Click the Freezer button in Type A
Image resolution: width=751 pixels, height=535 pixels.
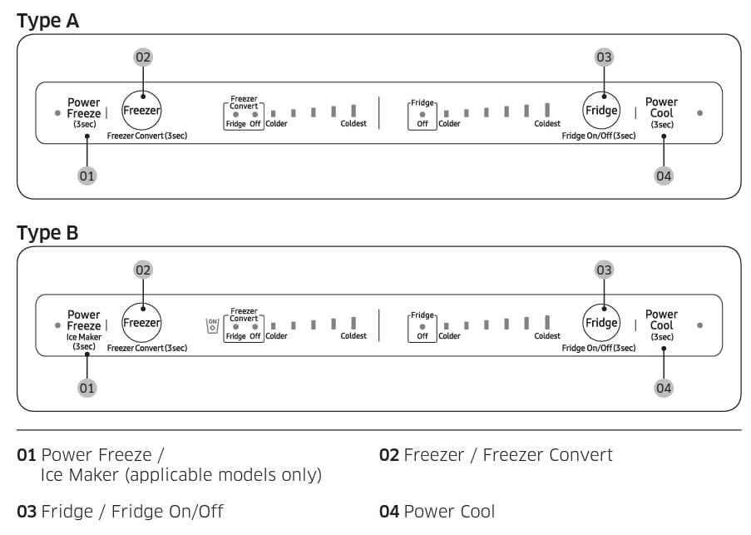click(142, 111)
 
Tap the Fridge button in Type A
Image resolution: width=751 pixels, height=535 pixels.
click(601, 111)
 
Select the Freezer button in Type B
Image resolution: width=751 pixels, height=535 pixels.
click(142, 323)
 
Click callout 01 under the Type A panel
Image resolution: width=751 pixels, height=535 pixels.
click(87, 176)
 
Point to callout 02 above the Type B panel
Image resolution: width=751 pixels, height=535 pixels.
click(144, 270)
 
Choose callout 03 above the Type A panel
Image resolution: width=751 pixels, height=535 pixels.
click(604, 57)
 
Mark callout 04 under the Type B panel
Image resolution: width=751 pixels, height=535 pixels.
click(664, 388)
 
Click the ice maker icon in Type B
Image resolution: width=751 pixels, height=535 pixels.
click(212, 325)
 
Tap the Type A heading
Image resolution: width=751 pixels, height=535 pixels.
click(48, 21)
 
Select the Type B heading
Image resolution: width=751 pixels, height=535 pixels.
click(48, 234)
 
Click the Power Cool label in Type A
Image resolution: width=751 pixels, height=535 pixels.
click(662, 109)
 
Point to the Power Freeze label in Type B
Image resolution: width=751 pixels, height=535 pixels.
click(83, 320)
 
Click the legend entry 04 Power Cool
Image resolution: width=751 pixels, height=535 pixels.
click(437, 511)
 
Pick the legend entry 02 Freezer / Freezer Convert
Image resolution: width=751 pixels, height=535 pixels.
click(496, 455)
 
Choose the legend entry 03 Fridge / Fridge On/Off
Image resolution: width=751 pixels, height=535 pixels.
click(121, 511)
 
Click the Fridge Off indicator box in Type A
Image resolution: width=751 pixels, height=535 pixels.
click(422, 116)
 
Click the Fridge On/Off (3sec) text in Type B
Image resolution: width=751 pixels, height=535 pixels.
click(599, 348)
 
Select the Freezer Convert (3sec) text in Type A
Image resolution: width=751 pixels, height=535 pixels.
click(147, 136)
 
